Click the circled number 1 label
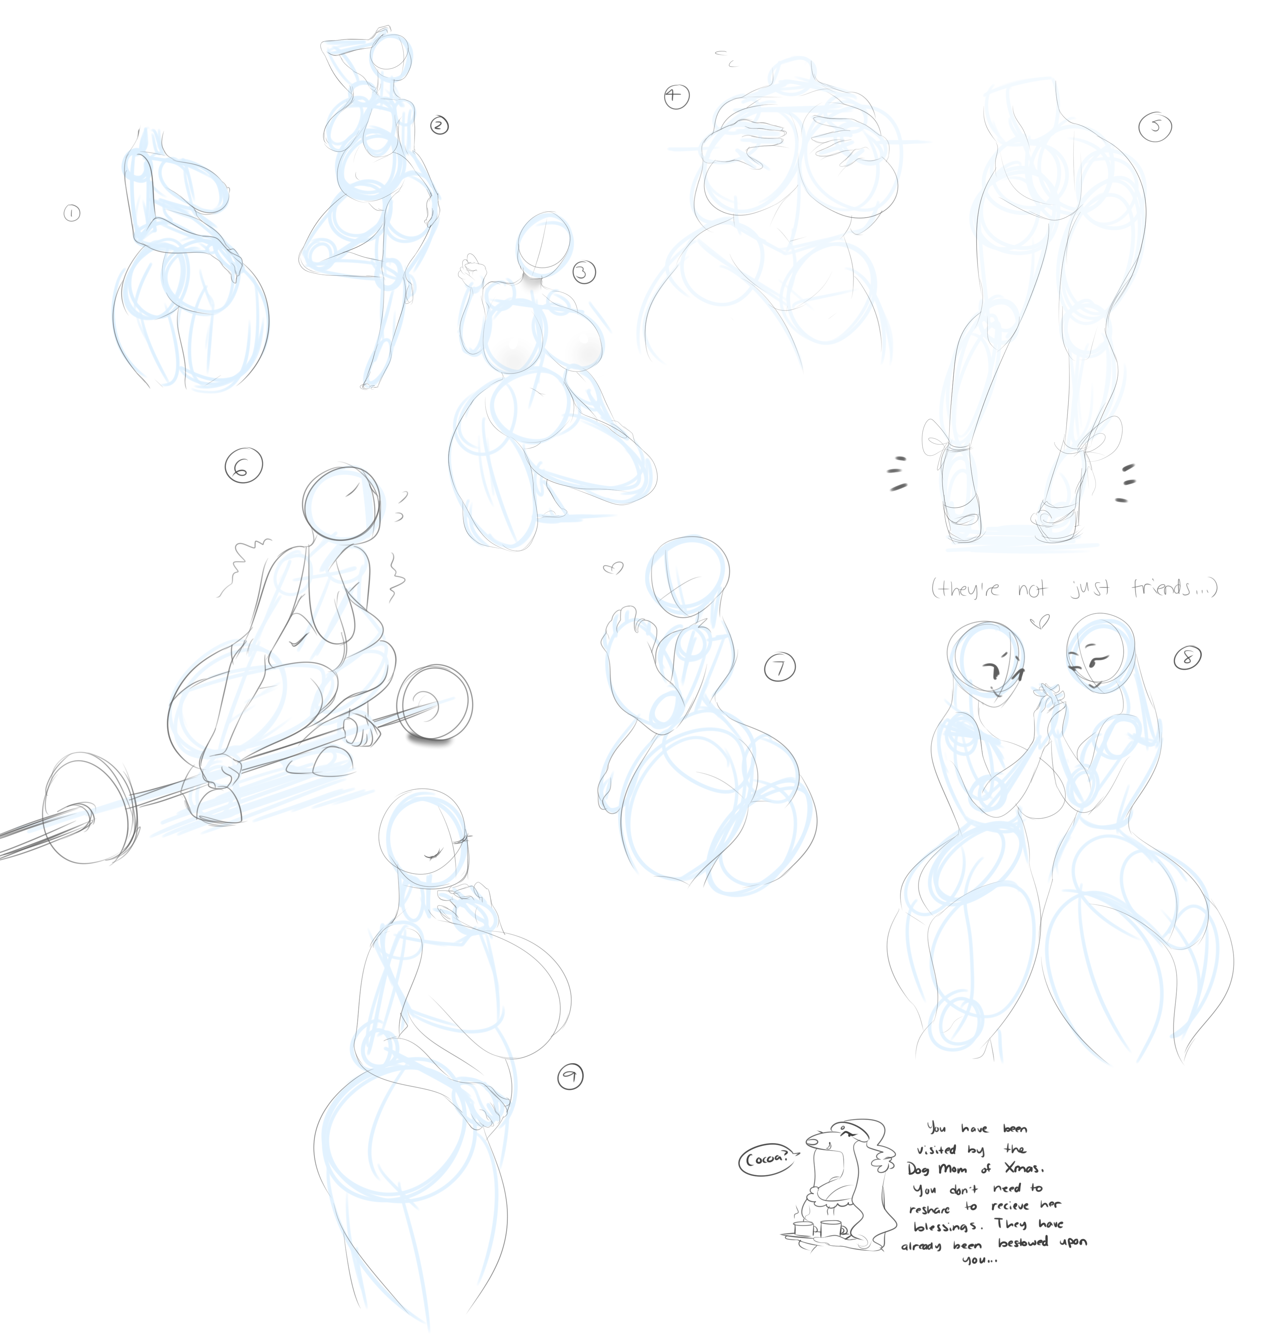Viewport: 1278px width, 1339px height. point(72,213)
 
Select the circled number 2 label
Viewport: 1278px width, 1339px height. point(439,125)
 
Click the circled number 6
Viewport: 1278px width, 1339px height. point(243,466)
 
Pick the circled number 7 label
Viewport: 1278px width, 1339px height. point(780,667)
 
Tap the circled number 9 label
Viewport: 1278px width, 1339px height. point(570,1077)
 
